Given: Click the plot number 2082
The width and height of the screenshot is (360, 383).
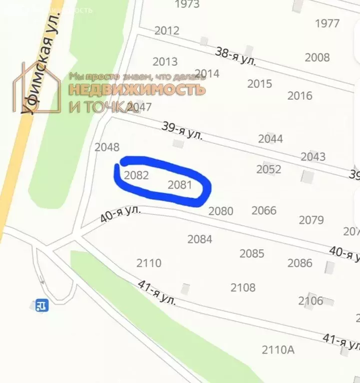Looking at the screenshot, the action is pyautogui.click(x=136, y=175).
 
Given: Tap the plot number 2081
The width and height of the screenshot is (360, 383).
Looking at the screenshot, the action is pyautogui.click(x=180, y=185).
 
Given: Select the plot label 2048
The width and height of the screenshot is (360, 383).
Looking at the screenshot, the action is pyautogui.click(x=107, y=147).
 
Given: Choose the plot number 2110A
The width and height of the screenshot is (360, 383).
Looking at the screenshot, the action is pyautogui.click(x=278, y=350).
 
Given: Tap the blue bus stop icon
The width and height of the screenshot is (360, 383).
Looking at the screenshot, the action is pyautogui.click(x=42, y=305).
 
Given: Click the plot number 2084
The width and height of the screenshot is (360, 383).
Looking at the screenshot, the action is pyautogui.click(x=200, y=239).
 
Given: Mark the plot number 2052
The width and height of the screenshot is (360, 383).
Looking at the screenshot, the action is pyautogui.click(x=269, y=170).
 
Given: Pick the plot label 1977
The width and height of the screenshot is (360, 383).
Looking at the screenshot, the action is pyautogui.click(x=328, y=23).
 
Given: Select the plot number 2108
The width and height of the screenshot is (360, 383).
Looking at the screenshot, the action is pyautogui.click(x=243, y=287).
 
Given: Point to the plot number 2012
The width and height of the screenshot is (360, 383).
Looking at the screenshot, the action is pyautogui.click(x=167, y=30).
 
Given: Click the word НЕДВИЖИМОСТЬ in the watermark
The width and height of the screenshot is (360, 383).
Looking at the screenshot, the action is pyautogui.click(x=136, y=90).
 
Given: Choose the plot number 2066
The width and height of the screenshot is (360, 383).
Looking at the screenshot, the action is pyautogui.click(x=264, y=210).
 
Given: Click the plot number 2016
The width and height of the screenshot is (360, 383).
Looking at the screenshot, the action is pyautogui.click(x=300, y=95).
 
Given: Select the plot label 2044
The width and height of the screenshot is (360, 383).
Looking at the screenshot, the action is pyautogui.click(x=271, y=139).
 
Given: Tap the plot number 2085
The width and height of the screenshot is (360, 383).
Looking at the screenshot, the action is pyautogui.click(x=252, y=253).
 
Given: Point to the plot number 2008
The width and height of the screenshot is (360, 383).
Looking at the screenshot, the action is pyautogui.click(x=317, y=57).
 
